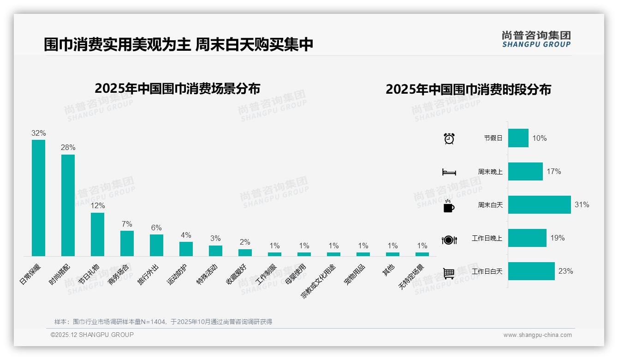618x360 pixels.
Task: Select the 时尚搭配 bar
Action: pyautogui.click(x=68, y=205)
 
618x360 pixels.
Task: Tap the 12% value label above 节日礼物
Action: pyautogui.click(x=97, y=205)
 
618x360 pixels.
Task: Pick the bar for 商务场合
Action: pyautogui.click(x=127, y=243)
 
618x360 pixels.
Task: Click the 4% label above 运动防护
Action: pyautogui.click(x=186, y=235)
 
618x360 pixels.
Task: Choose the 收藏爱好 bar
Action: pyautogui.click(x=245, y=252)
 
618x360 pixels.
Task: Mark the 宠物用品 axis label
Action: pyautogui.click(x=355, y=274)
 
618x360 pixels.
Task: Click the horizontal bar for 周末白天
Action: pyautogui.click(x=539, y=204)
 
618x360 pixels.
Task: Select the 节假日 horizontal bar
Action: pyautogui.click(x=518, y=138)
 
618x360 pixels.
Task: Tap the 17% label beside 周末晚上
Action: pyautogui.click(x=554, y=171)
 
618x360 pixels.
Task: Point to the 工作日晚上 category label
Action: pyautogui.click(x=487, y=238)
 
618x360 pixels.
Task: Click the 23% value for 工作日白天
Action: pyautogui.click(x=565, y=271)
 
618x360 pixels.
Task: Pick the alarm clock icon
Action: pyautogui.click(x=449, y=138)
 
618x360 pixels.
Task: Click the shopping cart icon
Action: pyautogui.click(x=449, y=273)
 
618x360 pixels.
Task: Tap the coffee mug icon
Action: pyautogui.click(x=448, y=206)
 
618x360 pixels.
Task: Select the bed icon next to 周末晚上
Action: pyautogui.click(x=449, y=172)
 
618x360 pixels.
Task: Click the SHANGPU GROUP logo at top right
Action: pyautogui.click(x=536, y=39)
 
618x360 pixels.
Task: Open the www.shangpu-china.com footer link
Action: pyautogui.click(x=537, y=335)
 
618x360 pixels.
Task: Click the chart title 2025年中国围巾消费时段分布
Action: pyautogui.click(x=468, y=90)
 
